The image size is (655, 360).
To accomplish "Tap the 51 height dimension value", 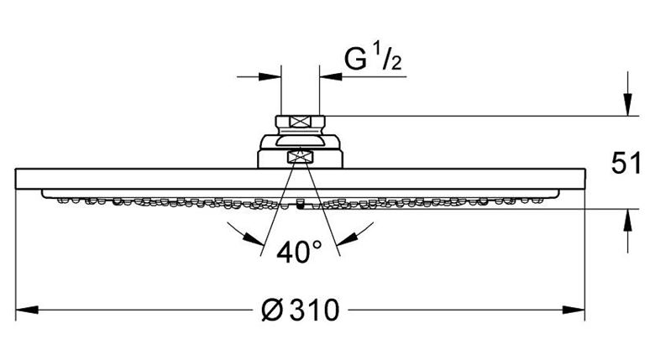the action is click(626, 163).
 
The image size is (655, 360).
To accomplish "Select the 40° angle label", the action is click(299, 252).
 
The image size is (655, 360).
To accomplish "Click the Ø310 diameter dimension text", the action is click(301, 310).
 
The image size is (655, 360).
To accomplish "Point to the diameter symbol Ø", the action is click(273, 310).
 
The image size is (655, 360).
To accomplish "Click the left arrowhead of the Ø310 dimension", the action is click(27, 310).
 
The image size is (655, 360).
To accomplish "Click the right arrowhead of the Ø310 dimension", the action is click(573, 310).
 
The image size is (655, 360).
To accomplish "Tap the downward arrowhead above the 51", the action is click(627, 104).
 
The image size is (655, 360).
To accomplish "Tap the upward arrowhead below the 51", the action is click(627, 220).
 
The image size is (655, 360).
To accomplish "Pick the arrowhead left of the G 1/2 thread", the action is click(270, 77).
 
